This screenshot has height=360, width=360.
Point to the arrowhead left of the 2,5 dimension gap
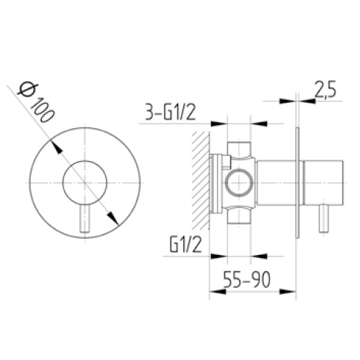tap(291, 100)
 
